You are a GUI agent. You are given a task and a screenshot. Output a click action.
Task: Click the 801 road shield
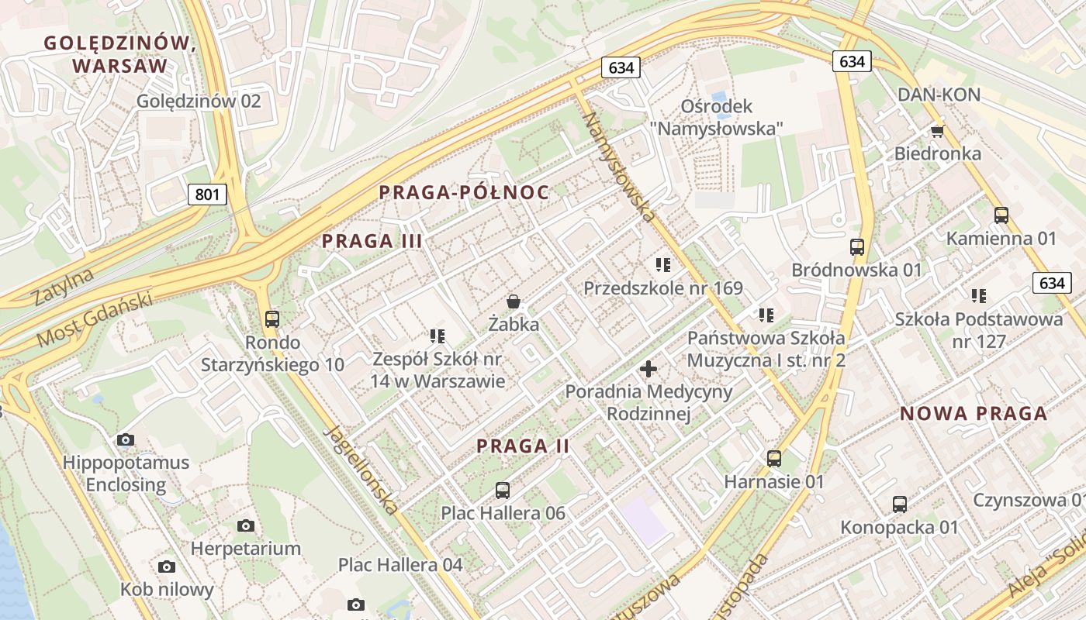pos(207,194)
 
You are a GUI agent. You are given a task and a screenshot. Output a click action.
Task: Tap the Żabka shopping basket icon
pos(513,301)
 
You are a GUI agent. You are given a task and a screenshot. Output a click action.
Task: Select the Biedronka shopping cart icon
pos(937,130)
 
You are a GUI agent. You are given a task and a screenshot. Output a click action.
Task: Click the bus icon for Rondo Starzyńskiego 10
pos(271,319)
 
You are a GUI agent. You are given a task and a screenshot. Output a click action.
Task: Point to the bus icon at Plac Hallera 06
pos(503,490)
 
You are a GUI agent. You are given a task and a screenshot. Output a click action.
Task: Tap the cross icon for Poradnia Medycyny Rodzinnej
pos(648,368)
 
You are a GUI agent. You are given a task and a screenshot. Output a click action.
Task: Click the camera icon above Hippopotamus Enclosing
pos(125,440)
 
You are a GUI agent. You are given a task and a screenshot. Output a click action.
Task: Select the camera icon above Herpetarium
pos(246,526)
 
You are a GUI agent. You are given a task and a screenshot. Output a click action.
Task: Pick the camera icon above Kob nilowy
pos(166,567)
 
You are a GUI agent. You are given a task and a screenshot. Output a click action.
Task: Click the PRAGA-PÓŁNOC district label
pos(464,193)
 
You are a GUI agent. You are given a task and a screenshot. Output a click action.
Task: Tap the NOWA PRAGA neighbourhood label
pos(974,414)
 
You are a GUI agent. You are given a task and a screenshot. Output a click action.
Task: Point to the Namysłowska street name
pos(619,167)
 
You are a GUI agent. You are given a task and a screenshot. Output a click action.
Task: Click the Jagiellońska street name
pos(363,470)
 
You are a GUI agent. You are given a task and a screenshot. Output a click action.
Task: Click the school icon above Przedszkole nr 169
pos(662,265)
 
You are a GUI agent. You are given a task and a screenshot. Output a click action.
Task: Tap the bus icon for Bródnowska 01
pos(856,247)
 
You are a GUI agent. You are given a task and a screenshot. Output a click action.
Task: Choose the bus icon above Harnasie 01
pos(773,458)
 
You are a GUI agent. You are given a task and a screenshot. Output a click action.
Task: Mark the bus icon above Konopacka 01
pos(899,505)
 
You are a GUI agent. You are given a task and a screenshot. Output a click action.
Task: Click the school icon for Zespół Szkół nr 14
pos(437,336)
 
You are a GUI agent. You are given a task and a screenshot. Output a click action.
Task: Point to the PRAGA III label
pos(372,241)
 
